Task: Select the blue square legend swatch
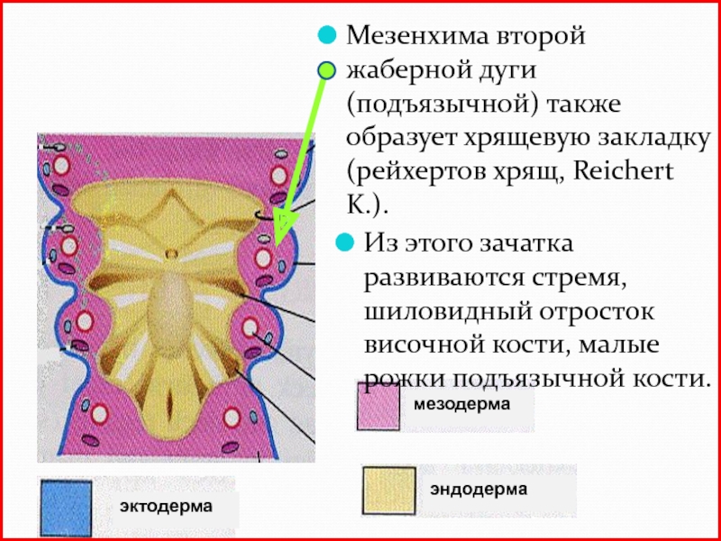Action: coord(67,508)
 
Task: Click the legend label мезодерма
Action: coord(461,406)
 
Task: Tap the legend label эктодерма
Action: coord(166,507)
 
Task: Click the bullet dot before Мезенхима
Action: coord(325,38)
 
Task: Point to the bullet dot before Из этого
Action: coord(342,243)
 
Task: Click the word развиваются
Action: coord(445,278)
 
